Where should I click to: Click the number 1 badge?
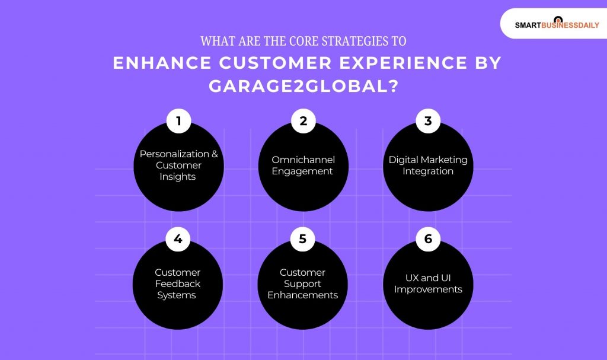pos(178,122)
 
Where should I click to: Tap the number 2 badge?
pos(303,122)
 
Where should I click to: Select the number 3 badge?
pos(428,122)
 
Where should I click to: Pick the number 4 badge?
pos(178,240)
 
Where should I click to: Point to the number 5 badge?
pos(303,240)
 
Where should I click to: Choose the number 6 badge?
pos(428,240)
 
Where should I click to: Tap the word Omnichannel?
pos(303,160)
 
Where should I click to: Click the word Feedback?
pos(178,283)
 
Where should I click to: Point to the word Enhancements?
pos(303,295)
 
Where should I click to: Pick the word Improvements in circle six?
pos(428,289)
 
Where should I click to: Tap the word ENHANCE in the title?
pos(155,63)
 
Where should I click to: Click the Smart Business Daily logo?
pos(556,24)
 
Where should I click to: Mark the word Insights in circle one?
pos(178,177)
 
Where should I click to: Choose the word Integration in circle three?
pos(428,171)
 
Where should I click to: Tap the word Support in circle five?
pos(303,283)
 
